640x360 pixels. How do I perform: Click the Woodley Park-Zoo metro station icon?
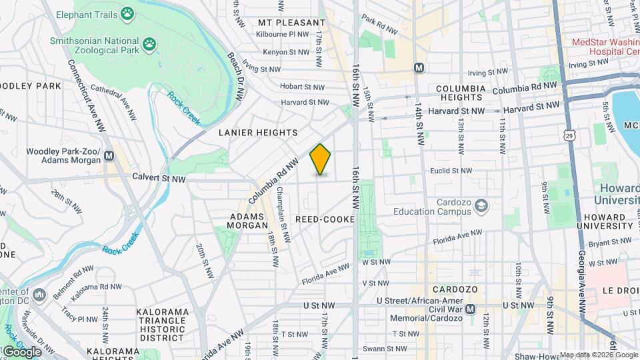click(109, 156)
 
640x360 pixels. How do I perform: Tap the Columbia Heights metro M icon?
click(419, 67)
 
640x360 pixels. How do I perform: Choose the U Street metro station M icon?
click(471, 309)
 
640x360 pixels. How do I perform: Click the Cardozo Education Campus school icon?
click(480, 207)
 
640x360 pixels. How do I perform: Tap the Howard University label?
click(617, 193)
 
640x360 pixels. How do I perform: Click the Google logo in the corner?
click(21, 351)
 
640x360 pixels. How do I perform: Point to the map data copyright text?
click(598, 355)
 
